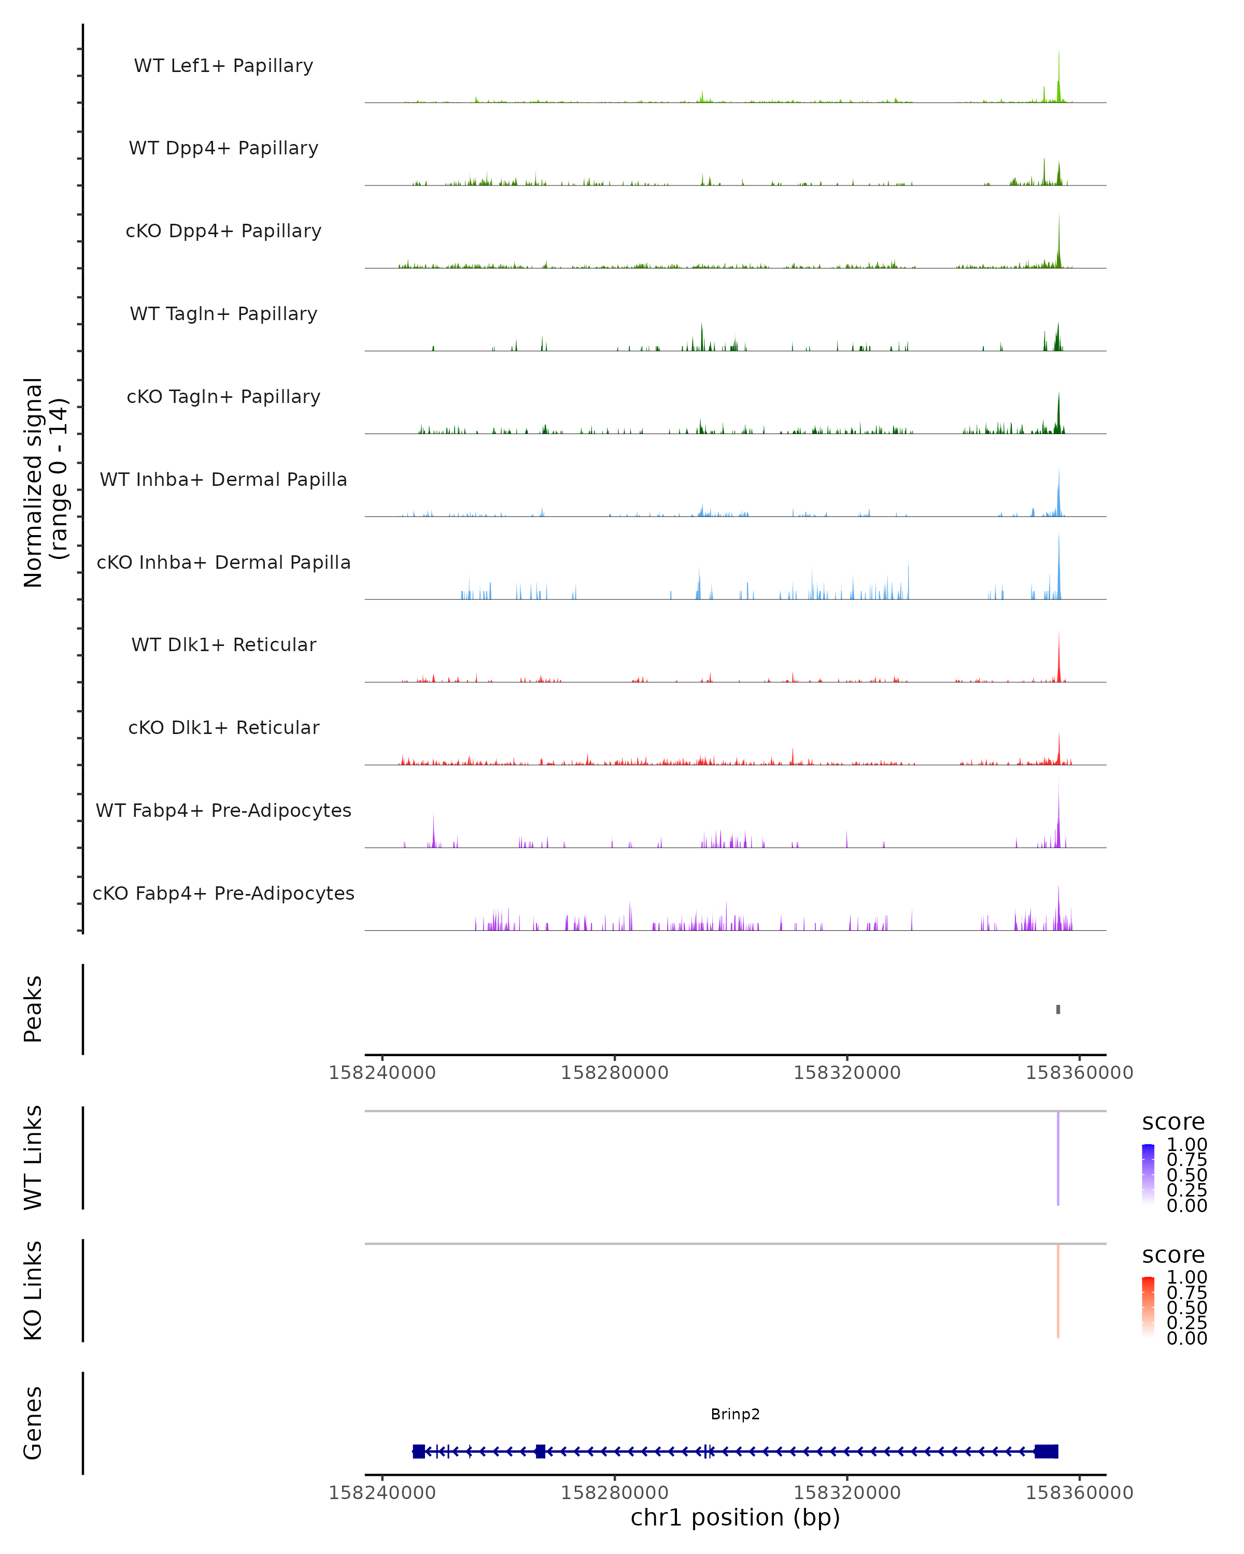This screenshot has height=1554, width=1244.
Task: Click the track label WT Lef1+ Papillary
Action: [223, 66]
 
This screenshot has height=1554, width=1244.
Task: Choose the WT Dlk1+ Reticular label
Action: [223, 644]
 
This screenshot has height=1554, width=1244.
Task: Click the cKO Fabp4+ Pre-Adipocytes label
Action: [223, 893]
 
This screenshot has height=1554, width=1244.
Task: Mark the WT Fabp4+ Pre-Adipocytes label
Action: [223, 810]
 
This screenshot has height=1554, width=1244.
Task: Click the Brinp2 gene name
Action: [735, 1414]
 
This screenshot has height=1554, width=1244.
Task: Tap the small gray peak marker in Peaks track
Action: [1058, 1009]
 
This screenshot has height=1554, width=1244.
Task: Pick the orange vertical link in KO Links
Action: [1058, 1290]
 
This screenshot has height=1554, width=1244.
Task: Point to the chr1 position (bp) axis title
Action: [735, 1517]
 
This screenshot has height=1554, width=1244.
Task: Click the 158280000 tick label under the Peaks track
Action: [614, 1073]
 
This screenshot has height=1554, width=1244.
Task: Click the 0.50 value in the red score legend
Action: [1186, 1307]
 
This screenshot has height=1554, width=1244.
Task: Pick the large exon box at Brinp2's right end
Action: [1047, 1451]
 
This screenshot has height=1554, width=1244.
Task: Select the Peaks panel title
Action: [33, 1009]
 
